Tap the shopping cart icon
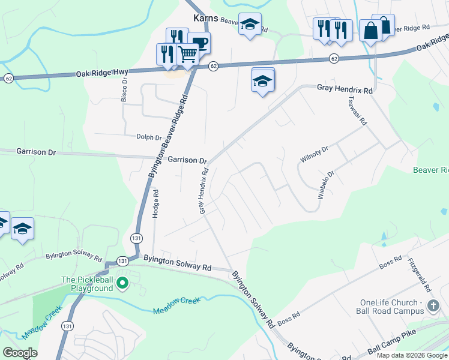pos(188,55)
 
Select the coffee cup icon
pos(199,43)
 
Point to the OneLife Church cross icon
pos(433,307)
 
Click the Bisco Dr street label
pos(124,89)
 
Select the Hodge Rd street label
pos(155,203)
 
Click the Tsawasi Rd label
pos(355,111)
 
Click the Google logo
pos(20,352)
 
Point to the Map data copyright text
pos(412,355)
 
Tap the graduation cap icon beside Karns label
pos(250,25)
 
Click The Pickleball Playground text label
pos(87,284)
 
